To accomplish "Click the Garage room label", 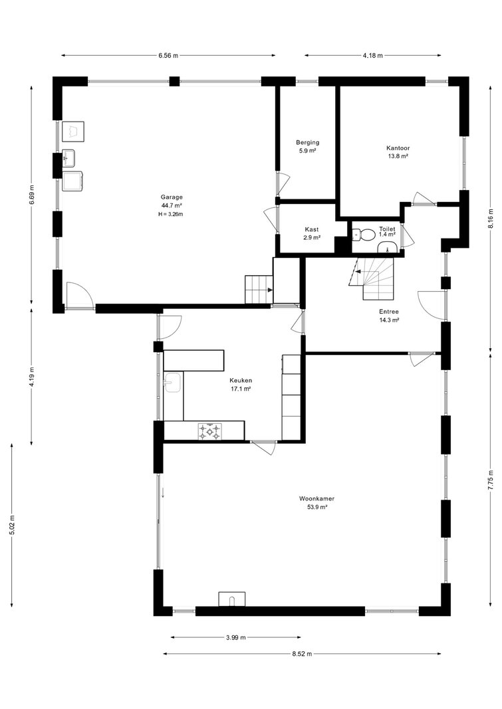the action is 172,197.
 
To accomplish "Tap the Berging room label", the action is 308,142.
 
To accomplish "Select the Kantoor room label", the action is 398,148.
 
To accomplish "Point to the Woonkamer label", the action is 316,499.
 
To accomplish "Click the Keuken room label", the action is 241,380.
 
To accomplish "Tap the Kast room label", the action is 312,229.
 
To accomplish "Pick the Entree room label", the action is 389,312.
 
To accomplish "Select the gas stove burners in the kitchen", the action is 210,431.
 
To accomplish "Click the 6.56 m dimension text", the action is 168,56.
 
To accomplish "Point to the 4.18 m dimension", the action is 372,56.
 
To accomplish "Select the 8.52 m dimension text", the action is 302,653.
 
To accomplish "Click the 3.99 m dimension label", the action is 235,637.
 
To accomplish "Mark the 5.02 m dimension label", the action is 12,525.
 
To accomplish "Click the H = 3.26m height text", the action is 170,214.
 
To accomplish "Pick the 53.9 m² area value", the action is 317,508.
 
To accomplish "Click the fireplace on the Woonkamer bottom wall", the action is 232,599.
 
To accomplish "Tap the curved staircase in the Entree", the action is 372,278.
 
